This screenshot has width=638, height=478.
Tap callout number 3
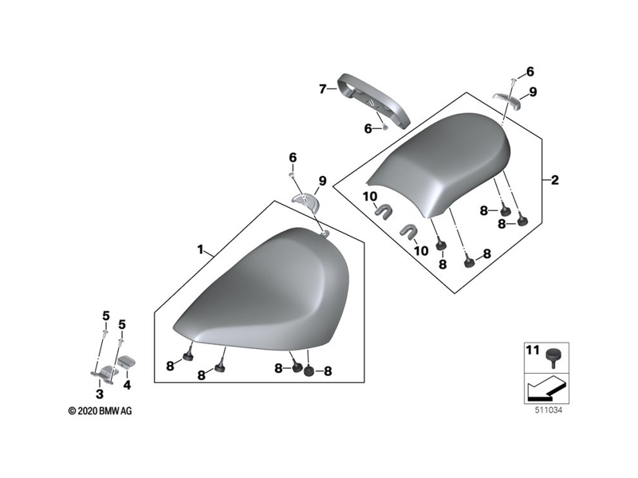click(99, 394)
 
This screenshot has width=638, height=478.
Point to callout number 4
click(126, 384)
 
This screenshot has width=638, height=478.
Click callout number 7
click(323, 89)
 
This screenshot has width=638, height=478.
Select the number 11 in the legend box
click(532, 350)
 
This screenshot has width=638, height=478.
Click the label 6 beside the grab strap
click(368, 127)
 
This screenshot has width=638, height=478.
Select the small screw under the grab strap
click(384, 127)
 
